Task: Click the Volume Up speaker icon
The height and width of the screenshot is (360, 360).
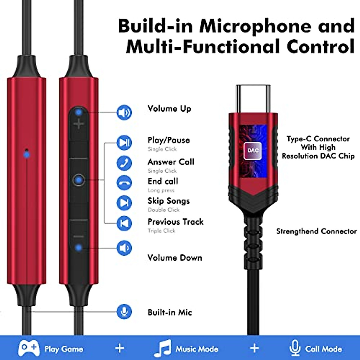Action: pos(124,113)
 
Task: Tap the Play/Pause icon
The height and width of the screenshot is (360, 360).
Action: pos(124,142)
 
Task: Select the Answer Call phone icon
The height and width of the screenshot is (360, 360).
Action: pos(124,163)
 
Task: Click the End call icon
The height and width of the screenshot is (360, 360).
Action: pos(124,183)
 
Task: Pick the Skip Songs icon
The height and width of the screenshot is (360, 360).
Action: pos(124,203)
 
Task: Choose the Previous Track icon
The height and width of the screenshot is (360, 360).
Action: pos(124,223)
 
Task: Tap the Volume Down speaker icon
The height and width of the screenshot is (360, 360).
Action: pos(124,248)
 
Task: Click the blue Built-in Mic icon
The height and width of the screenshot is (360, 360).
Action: pos(124,312)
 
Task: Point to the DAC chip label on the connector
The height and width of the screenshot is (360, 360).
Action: pos(253,150)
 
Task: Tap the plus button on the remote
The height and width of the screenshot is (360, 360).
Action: pos(79,123)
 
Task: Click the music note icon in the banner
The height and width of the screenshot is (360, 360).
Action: pos(163,348)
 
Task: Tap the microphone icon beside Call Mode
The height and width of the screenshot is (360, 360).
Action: pos(295,348)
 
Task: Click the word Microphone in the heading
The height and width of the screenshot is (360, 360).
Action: pos(255,26)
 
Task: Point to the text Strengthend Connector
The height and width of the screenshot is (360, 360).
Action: pos(316,231)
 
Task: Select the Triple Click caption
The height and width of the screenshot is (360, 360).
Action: pos(161,231)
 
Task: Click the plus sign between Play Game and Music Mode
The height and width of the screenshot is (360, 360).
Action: pos(120,348)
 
